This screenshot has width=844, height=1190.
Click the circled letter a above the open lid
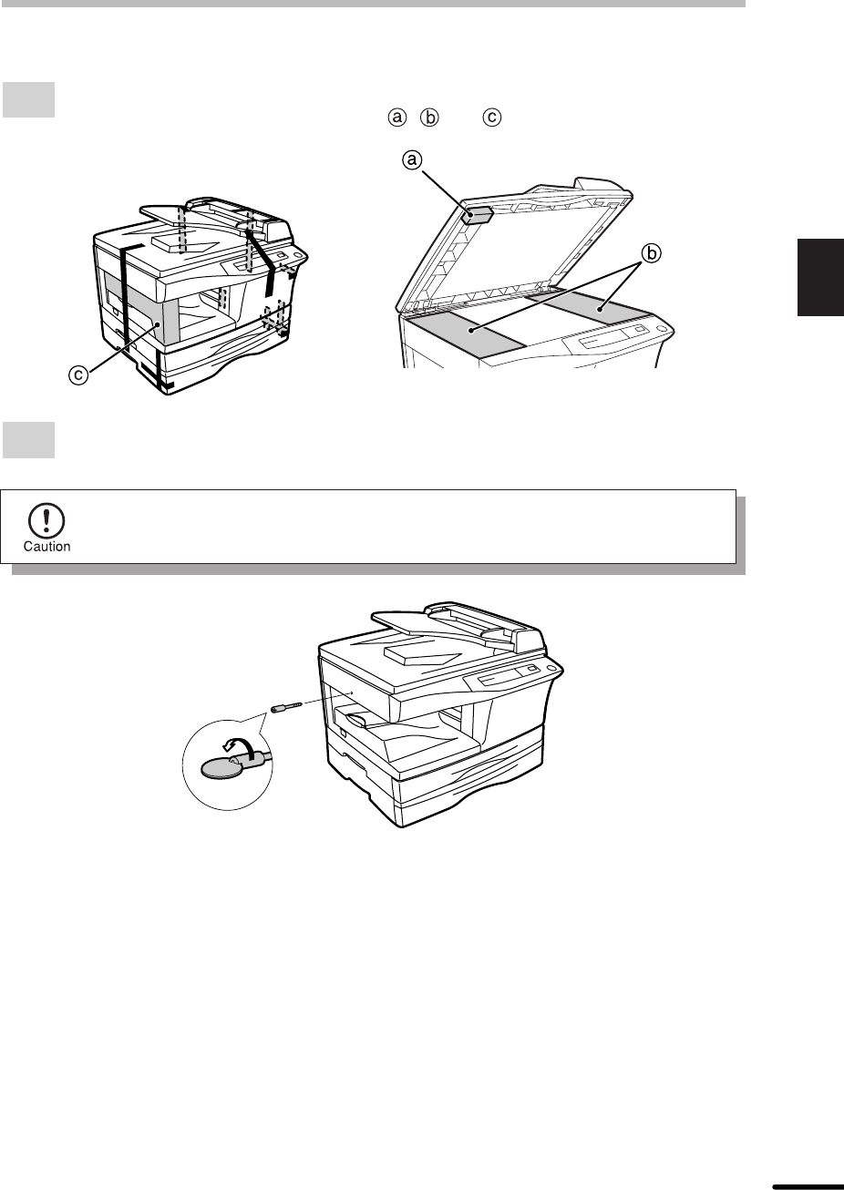(x=413, y=159)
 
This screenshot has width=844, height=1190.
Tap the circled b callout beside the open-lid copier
(x=651, y=253)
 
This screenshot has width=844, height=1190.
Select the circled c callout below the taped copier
(x=78, y=375)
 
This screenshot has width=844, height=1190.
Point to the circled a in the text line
(x=397, y=117)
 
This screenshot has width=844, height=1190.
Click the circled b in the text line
(x=429, y=117)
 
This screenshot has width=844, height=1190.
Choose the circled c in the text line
(x=491, y=117)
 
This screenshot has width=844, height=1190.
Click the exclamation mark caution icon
(x=46, y=521)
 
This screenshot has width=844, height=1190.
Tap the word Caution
(x=46, y=547)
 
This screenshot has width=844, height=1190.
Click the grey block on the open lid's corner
(x=478, y=216)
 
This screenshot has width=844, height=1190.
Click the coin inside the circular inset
(x=220, y=767)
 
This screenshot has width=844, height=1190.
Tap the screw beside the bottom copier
(x=287, y=708)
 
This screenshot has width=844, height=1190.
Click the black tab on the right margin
(x=820, y=277)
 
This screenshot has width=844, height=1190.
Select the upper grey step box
(x=28, y=100)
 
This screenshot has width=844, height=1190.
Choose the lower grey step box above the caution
(x=28, y=440)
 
